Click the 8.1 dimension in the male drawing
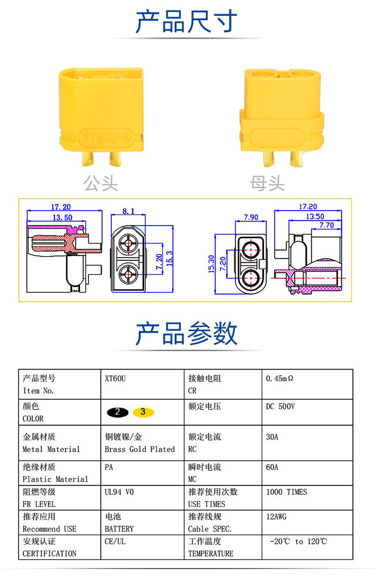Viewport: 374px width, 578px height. [128, 211]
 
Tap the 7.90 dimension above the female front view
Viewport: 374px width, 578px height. [251, 217]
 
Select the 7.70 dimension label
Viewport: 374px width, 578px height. [326, 225]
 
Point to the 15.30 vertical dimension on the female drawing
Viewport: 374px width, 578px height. [211, 264]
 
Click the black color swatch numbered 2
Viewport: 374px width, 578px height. [117, 412]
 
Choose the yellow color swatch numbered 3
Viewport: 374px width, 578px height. [143, 412]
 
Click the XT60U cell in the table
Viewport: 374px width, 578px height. [115, 378]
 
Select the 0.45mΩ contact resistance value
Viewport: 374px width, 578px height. [280, 378]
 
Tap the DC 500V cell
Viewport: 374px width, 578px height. [280, 407]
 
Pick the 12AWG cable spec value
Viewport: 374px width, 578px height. [276, 517]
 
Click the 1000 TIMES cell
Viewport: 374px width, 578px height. [287, 492]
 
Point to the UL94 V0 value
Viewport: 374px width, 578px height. [119, 492]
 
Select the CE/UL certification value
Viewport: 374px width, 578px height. [115, 542]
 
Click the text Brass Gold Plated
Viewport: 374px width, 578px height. [140, 449]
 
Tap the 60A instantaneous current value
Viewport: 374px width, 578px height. [272, 467]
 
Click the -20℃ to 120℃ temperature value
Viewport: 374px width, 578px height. [298, 542]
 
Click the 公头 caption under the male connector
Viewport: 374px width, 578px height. [101, 183]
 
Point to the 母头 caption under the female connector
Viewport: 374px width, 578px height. [267, 183]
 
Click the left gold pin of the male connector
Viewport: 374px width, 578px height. [87, 158]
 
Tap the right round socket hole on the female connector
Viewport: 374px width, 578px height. [301, 74]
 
